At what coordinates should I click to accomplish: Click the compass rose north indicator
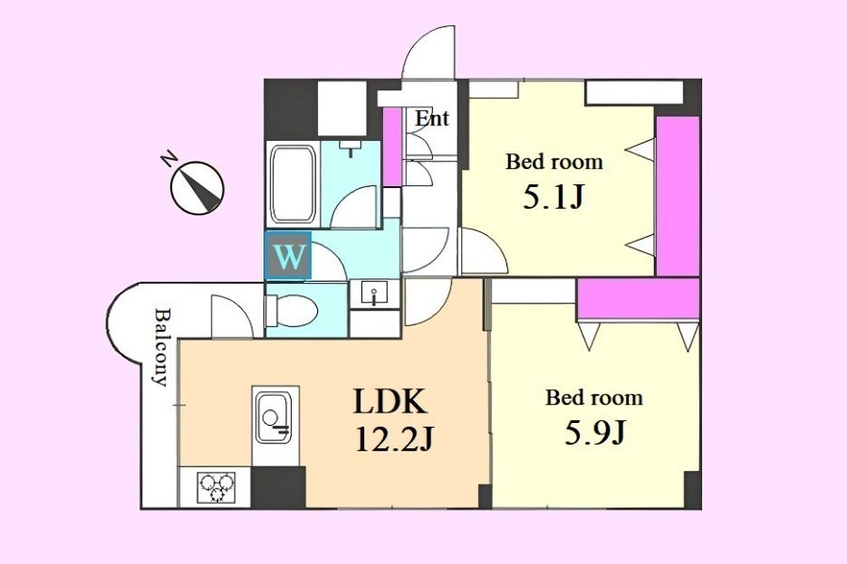[x=198, y=188]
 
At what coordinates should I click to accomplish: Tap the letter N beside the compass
[x=169, y=160]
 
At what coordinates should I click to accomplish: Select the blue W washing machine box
[x=288, y=256]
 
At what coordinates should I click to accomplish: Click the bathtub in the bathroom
[x=293, y=184]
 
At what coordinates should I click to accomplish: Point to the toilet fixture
[x=291, y=310]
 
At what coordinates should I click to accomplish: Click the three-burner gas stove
[x=216, y=487]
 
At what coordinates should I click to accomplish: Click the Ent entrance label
[x=432, y=117]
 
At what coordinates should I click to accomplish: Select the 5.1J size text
[x=553, y=197]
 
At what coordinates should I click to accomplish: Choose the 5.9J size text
[x=596, y=432]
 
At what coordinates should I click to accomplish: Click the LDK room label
[x=390, y=401]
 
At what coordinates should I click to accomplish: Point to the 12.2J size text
[x=395, y=440]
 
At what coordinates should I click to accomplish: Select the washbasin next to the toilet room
[x=375, y=294]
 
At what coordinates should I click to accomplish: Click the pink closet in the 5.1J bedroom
[x=678, y=196]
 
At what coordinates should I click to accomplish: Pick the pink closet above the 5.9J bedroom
[x=638, y=300]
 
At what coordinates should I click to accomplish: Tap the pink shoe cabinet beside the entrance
[x=392, y=147]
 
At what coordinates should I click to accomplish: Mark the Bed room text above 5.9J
[x=594, y=398]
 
